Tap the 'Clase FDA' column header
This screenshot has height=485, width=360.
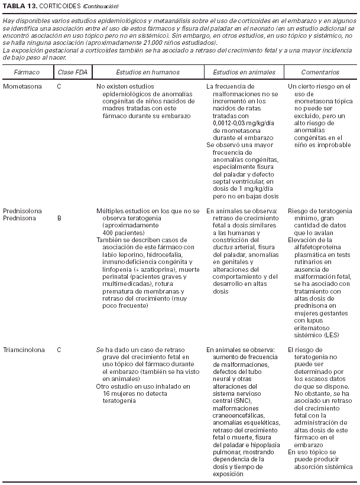click(x=70, y=72)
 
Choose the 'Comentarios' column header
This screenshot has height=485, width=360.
click(x=320, y=72)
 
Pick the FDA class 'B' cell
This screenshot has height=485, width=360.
click(x=59, y=218)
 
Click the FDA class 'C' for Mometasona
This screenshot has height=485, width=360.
click(x=59, y=86)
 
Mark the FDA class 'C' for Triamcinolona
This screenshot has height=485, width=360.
click(x=59, y=350)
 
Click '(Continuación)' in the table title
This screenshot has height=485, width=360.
click(x=100, y=6)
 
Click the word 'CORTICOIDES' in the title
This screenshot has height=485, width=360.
click(x=56, y=6)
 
